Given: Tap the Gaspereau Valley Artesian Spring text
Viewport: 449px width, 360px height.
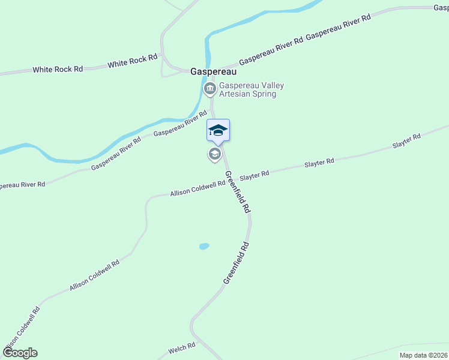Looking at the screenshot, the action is point(251,89).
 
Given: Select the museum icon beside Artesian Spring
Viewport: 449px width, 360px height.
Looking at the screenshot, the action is point(210,90).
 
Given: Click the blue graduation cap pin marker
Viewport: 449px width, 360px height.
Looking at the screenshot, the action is point(218,130).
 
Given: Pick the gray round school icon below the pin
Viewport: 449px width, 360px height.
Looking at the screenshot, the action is point(214,154).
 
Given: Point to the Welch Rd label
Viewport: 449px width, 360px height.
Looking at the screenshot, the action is point(182,346).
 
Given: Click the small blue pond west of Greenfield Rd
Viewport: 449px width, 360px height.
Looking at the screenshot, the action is point(204,246).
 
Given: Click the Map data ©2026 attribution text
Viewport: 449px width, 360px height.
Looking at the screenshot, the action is point(424,355).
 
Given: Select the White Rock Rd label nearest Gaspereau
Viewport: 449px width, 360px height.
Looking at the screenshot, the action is point(133,60).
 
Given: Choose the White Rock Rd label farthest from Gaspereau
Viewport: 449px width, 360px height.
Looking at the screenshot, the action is point(58,70).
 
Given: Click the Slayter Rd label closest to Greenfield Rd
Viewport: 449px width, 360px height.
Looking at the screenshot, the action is point(255,175).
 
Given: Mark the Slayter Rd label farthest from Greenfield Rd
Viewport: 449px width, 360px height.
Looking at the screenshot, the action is point(406,142).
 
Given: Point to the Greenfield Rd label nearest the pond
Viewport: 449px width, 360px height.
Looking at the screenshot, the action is point(236,262).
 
